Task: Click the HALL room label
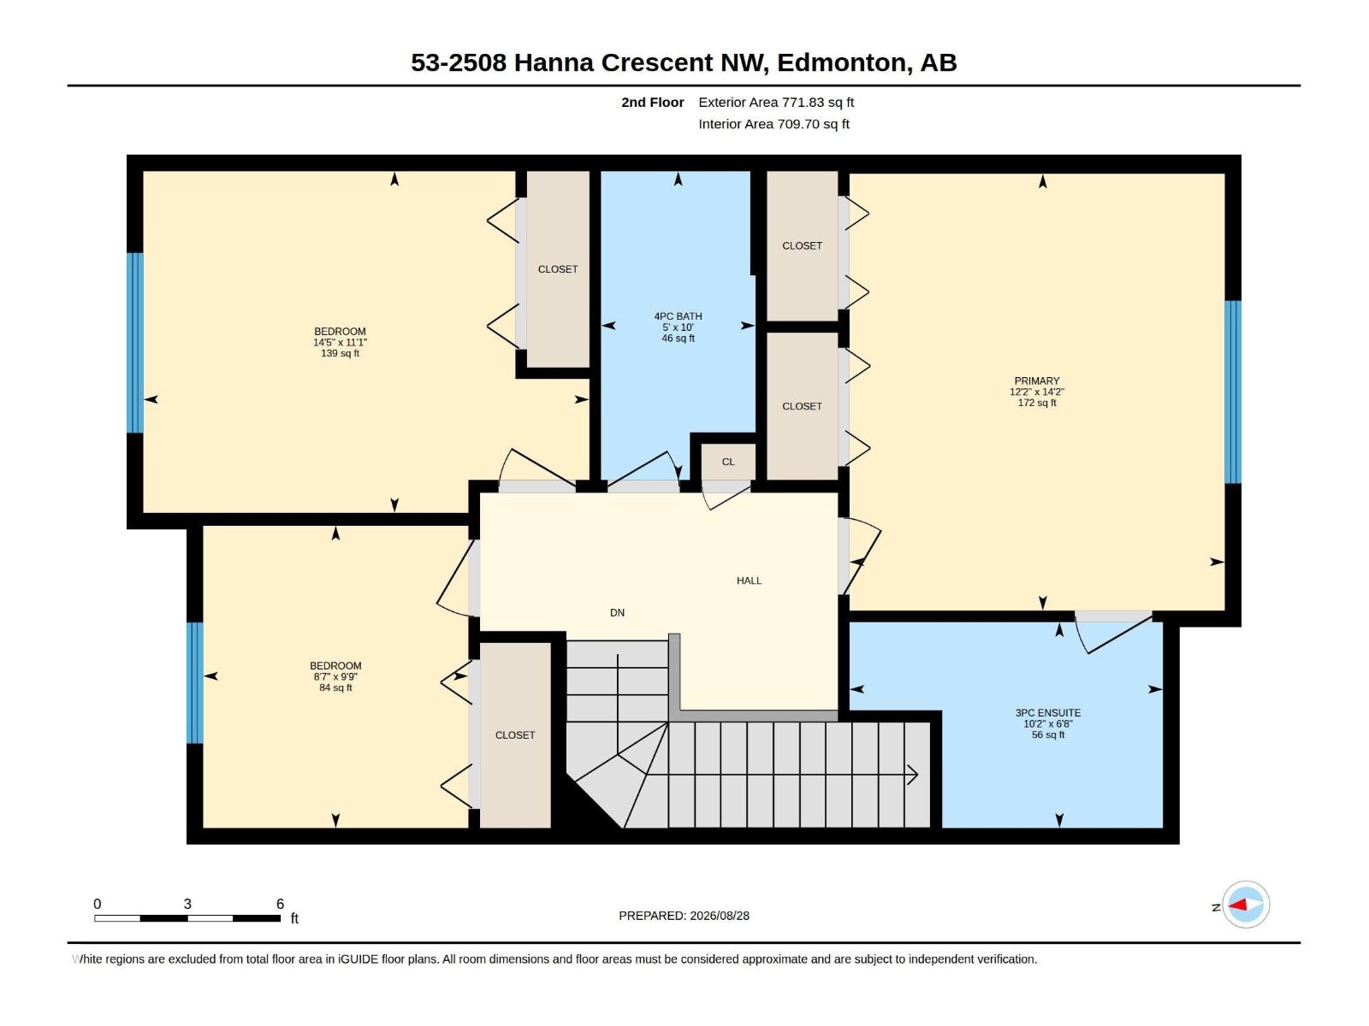pos(749,581)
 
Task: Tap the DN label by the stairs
pos(617,613)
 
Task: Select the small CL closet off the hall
pos(728,462)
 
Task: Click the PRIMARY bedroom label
pos(1036,380)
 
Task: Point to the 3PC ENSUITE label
pos(1048,713)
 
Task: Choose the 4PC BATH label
pos(678,316)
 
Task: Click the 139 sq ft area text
pos(340,353)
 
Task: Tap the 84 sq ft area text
pos(335,687)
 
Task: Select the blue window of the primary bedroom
pos(1232,392)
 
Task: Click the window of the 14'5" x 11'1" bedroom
pos(134,343)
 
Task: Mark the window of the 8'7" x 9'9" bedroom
pos(194,683)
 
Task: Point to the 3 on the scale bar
pos(187,904)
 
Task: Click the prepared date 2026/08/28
pos(720,916)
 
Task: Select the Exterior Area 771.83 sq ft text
pos(776,102)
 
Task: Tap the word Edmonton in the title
pos(841,63)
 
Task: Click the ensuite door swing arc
pos(1081,638)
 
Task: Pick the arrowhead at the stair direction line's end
pos(912,775)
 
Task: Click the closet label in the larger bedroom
pos(558,269)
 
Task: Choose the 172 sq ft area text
pos(1036,403)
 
